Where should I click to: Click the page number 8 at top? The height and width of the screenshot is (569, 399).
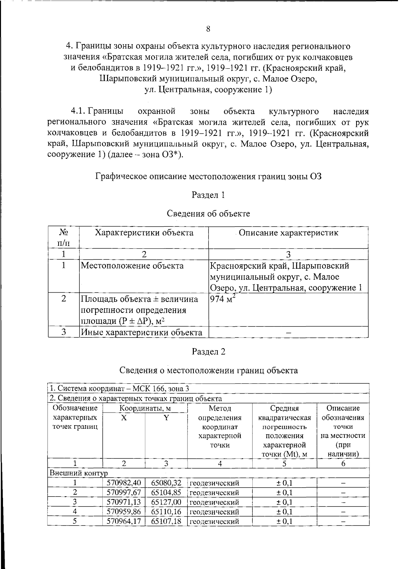208,29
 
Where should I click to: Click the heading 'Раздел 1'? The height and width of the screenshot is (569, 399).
208,195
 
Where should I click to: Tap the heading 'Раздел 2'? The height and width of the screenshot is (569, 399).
208,352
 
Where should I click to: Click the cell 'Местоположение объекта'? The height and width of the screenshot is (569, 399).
132,266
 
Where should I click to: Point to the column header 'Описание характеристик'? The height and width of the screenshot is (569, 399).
288,233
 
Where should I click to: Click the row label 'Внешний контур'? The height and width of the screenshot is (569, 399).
78,473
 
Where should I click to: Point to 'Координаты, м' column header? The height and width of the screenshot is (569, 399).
145,408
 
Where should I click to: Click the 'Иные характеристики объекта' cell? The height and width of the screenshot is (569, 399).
142,332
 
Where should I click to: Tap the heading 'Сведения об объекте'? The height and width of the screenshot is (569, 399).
208,214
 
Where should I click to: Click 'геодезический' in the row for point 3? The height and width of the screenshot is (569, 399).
214,502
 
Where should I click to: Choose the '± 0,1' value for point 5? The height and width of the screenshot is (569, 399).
284,521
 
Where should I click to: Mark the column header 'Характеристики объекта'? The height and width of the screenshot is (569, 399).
144,233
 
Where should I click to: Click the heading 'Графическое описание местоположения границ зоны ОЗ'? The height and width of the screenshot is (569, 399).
208,176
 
